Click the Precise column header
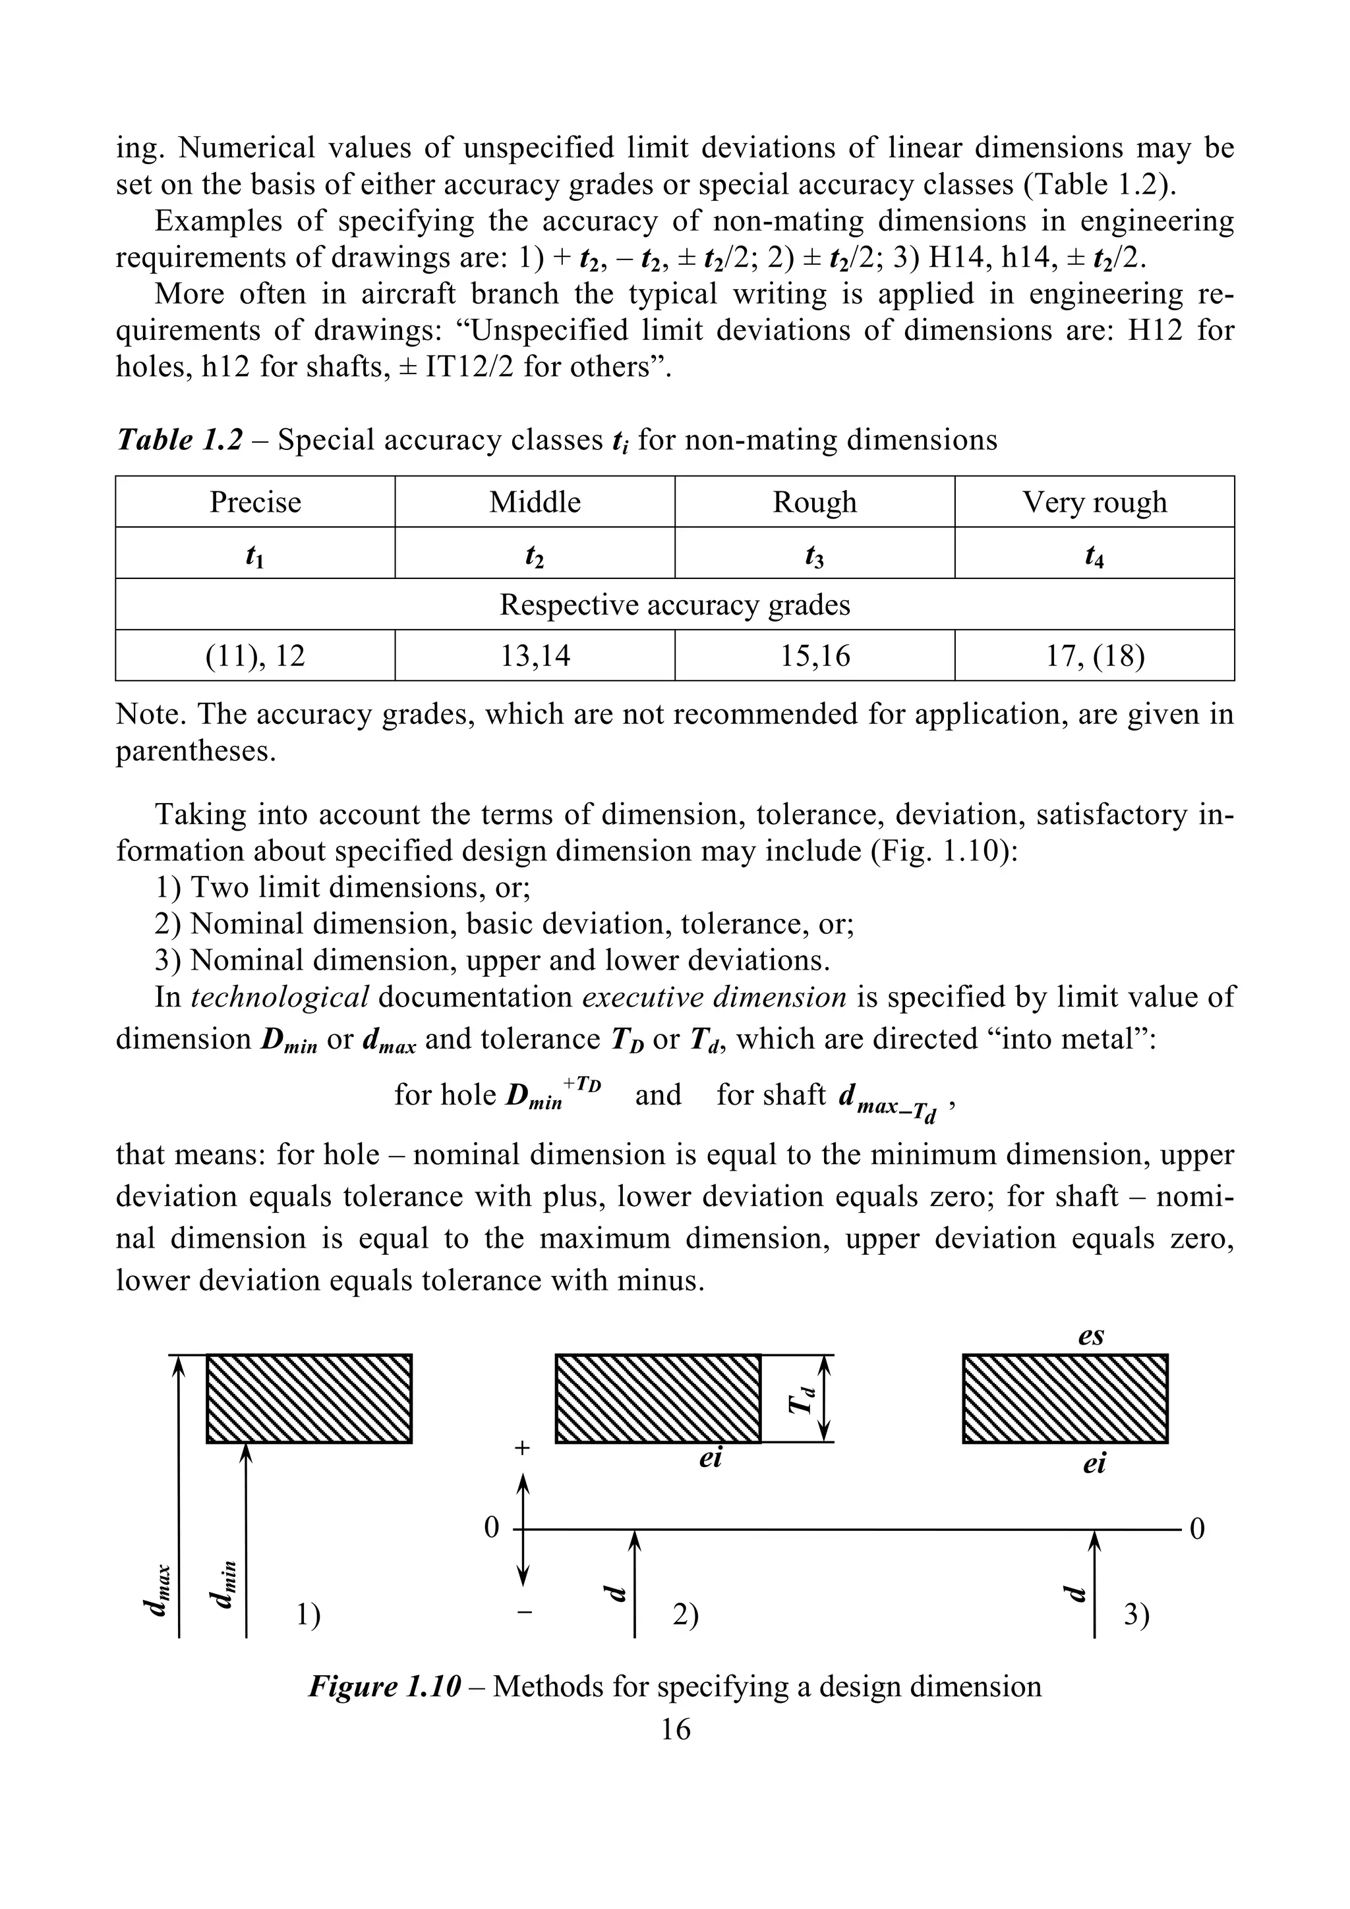(254, 502)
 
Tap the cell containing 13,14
(535, 656)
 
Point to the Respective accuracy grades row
(674, 605)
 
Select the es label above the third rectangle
(1090, 1335)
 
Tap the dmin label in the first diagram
(225, 1582)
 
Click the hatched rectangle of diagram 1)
(308, 1398)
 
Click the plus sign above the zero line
(521, 1447)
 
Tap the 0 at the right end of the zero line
(1197, 1528)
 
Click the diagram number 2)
(686, 1615)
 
